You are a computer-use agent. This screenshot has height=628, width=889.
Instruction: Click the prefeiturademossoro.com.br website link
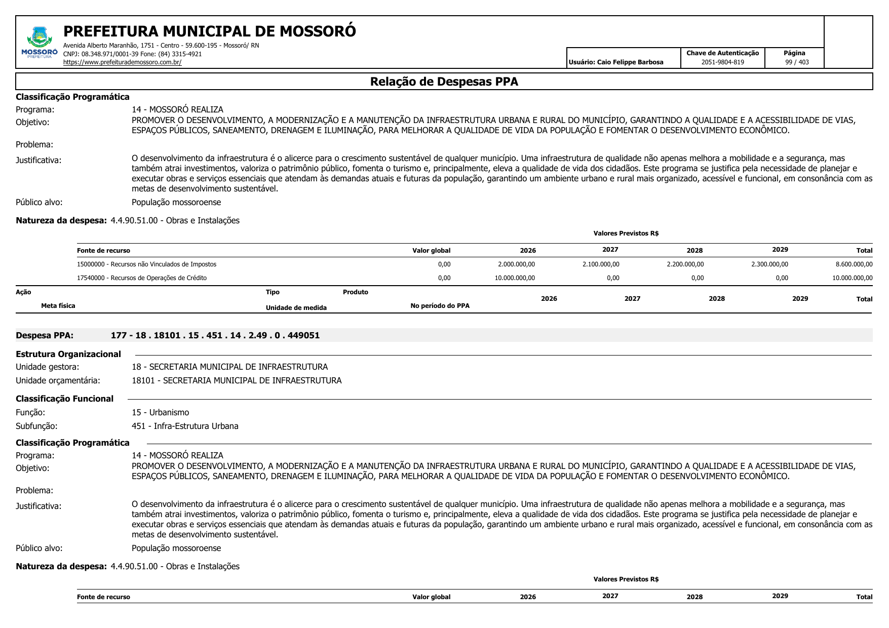122,62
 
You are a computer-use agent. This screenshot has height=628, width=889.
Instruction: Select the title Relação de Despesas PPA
444,82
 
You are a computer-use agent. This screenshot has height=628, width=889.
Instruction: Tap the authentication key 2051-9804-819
722,62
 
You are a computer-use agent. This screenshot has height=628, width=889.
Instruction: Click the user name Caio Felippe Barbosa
616,62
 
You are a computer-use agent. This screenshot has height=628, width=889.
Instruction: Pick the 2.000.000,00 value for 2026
516,264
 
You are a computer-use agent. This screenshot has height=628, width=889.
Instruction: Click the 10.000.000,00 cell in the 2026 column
515,278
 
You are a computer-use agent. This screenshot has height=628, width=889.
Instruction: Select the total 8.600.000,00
854,264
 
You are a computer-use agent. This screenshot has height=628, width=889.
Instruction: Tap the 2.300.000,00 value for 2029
769,264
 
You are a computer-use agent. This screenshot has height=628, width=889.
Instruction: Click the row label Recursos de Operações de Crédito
142,278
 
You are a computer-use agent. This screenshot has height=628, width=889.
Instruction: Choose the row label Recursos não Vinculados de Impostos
146,264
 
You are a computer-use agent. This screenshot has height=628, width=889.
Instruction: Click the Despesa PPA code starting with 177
215,335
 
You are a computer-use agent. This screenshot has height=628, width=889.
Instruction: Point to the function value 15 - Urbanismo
160,412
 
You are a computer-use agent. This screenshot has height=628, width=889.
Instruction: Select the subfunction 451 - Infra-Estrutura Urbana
185,426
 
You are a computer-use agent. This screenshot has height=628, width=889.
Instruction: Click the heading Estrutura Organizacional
68,354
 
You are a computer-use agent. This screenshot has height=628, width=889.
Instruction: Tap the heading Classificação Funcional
65,399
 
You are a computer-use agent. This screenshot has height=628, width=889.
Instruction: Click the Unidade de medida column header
296,308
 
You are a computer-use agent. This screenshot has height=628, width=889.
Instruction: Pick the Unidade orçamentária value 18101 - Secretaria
237,380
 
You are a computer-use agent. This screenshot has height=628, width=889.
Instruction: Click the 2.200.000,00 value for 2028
685,264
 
